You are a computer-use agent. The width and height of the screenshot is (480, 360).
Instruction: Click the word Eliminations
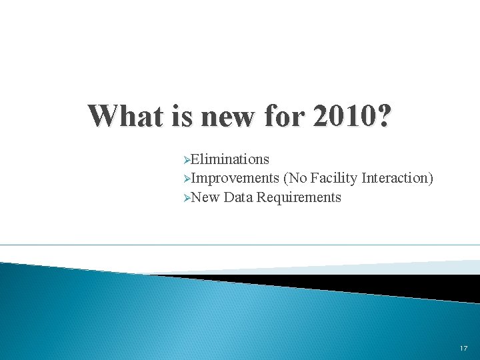230,159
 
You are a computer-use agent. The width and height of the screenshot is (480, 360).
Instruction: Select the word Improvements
235,178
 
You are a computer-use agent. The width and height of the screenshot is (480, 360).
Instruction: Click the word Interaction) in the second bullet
397,178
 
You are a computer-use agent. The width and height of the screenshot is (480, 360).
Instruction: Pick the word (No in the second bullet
295,178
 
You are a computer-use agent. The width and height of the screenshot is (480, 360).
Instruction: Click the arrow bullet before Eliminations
187,160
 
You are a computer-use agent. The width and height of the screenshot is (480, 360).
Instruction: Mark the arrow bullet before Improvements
187,179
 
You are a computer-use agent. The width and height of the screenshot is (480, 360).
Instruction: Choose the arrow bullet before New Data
187,198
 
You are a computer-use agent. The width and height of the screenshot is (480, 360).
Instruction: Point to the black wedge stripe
373,285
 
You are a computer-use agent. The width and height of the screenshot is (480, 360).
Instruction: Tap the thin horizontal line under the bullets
240,245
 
